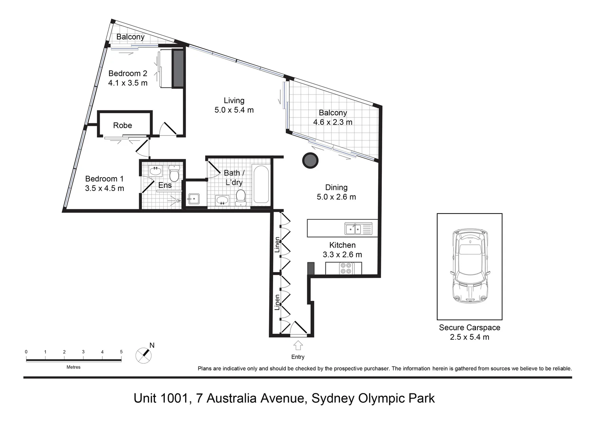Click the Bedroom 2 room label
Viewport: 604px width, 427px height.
(128, 74)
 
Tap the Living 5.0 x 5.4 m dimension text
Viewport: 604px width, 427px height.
(234, 110)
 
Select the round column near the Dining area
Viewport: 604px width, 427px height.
(310, 161)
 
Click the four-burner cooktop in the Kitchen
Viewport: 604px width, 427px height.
(346, 268)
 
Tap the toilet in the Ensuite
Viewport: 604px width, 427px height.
(174, 173)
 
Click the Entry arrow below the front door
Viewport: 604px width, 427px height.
(298, 345)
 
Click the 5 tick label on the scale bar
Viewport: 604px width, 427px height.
(121, 352)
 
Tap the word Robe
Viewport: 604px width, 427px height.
(123, 125)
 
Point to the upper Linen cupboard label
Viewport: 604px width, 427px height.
(277, 245)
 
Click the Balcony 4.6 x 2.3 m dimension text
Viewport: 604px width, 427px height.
(333, 122)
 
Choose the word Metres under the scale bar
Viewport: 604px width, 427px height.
(74, 367)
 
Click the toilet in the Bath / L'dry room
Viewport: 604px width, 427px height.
(240, 197)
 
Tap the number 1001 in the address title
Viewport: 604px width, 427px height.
(174, 398)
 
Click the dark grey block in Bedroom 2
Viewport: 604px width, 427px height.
(178, 68)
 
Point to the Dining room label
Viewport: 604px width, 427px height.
(336, 187)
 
